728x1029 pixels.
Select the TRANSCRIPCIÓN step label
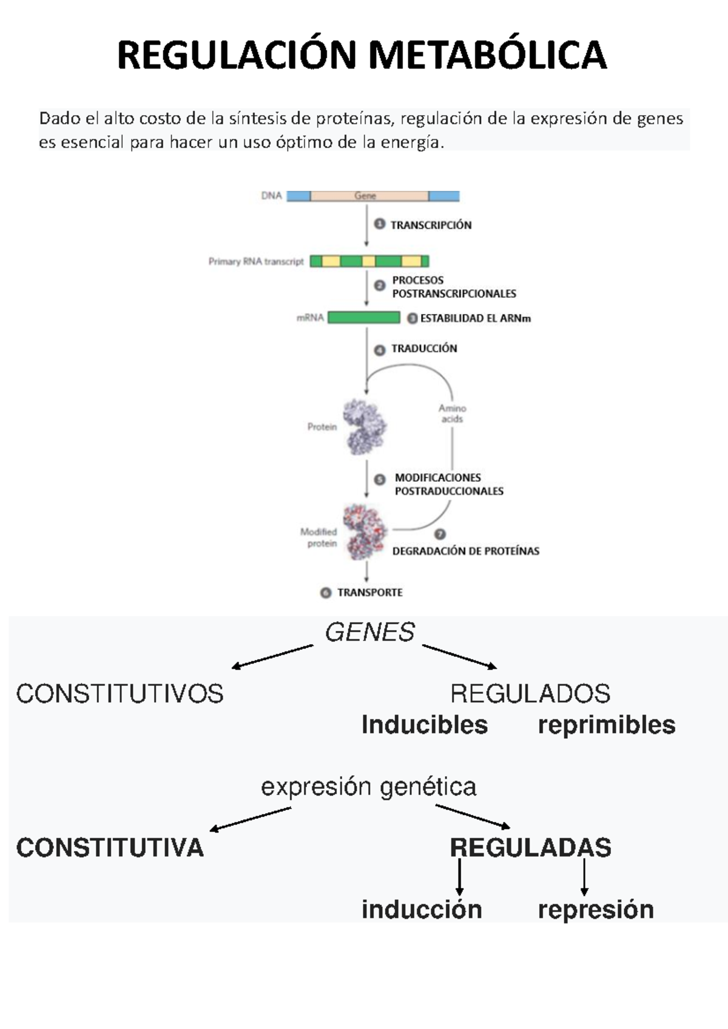pos(431,225)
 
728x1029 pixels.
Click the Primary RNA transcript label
pos(255,262)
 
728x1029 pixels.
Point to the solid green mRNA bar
pos(363,318)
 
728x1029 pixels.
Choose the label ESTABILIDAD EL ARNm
pos(475,318)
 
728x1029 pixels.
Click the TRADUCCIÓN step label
pos(424,348)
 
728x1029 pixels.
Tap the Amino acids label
pos(452,413)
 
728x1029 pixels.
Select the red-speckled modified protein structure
pos(364,531)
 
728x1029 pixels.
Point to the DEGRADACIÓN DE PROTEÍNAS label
pos(465,551)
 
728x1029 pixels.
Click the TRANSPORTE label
pos(369,592)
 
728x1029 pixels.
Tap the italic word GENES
pos(369,632)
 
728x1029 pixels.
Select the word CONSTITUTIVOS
pos(120,694)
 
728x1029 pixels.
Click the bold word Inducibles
pos(424,725)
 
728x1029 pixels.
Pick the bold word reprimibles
pos(606,725)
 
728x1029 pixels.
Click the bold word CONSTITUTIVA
pos(110,847)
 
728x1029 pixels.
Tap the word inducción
pos(422,910)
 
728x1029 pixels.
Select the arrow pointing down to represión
pos(584,876)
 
